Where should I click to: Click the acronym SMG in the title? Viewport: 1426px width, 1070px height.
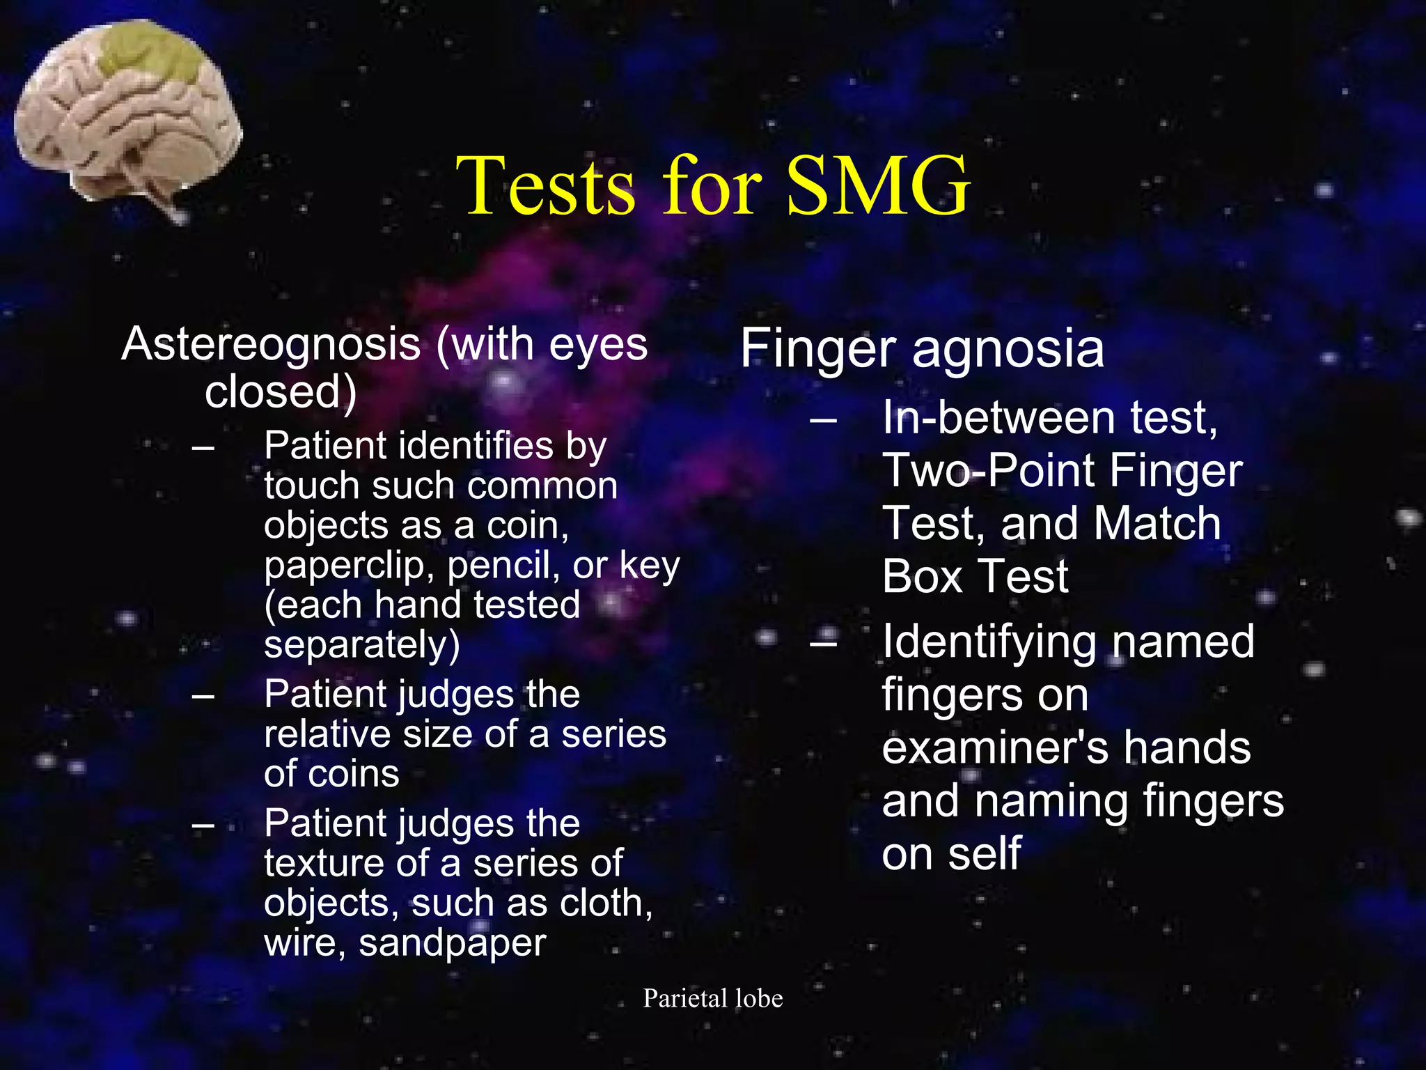[879, 185]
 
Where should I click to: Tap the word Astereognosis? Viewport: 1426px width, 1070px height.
[271, 345]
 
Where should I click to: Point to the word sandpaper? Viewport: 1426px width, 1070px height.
[452, 943]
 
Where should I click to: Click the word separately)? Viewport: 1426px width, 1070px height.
[362, 644]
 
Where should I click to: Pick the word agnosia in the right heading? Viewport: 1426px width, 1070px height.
[1008, 349]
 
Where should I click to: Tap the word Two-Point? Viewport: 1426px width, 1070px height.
[989, 470]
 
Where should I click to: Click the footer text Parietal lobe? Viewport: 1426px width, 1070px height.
[713, 998]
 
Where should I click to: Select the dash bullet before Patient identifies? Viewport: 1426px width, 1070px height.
[203, 447]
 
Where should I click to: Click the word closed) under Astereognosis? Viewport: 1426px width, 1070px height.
[281, 391]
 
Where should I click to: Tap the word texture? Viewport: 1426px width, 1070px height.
[323, 864]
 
